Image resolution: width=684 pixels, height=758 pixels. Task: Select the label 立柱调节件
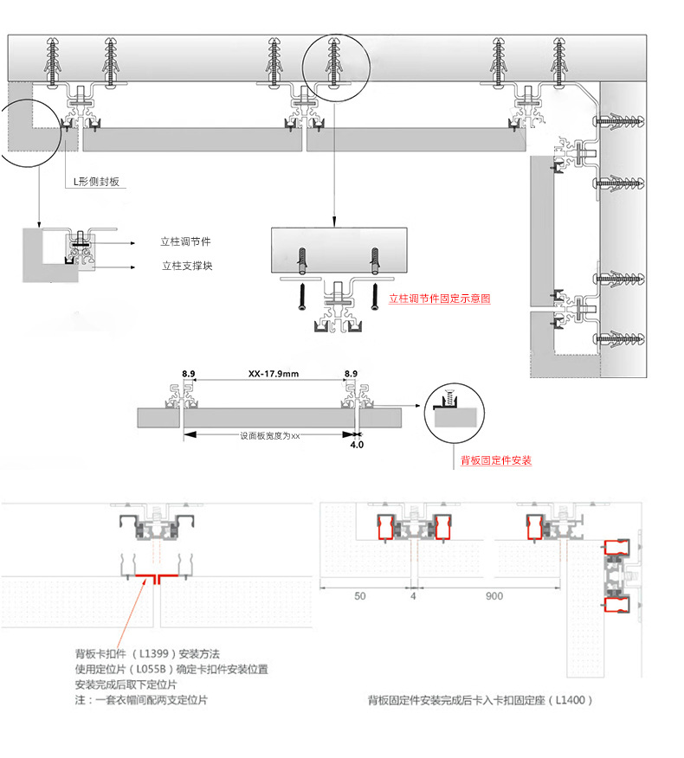[185, 241]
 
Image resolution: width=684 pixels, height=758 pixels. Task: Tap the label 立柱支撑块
[186, 266]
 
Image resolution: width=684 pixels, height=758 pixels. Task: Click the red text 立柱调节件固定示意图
[440, 298]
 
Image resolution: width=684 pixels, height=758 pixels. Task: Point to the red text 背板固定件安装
[496, 461]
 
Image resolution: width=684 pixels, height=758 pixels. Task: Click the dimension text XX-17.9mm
[273, 375]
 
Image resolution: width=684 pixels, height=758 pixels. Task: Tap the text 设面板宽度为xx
[269, 436]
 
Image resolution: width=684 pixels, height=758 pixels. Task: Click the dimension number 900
[494, 597]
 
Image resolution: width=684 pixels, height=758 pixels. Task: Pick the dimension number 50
[359, 597]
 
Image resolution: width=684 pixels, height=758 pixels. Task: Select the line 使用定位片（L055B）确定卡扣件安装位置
[171, 670]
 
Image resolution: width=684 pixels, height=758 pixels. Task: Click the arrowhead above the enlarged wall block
[335, 222]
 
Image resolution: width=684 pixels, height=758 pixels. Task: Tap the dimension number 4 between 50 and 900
[413, 597]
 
